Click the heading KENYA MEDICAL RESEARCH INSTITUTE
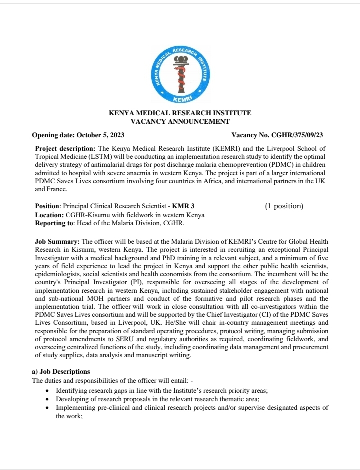pyautogui.click(x=180, y=113)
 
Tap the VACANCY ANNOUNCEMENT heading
pyautogui.click(x=180, y=121)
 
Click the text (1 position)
pyautogui.click(x=284, y=206)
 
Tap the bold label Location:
pyautogui.click(x=49, y=215)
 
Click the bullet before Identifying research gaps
pyautogui.click(x=47, y=390)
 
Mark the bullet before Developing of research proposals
pyautogui.click(x=47, y=399)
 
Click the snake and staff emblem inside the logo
pyautogui.click(x=180, y=73)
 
